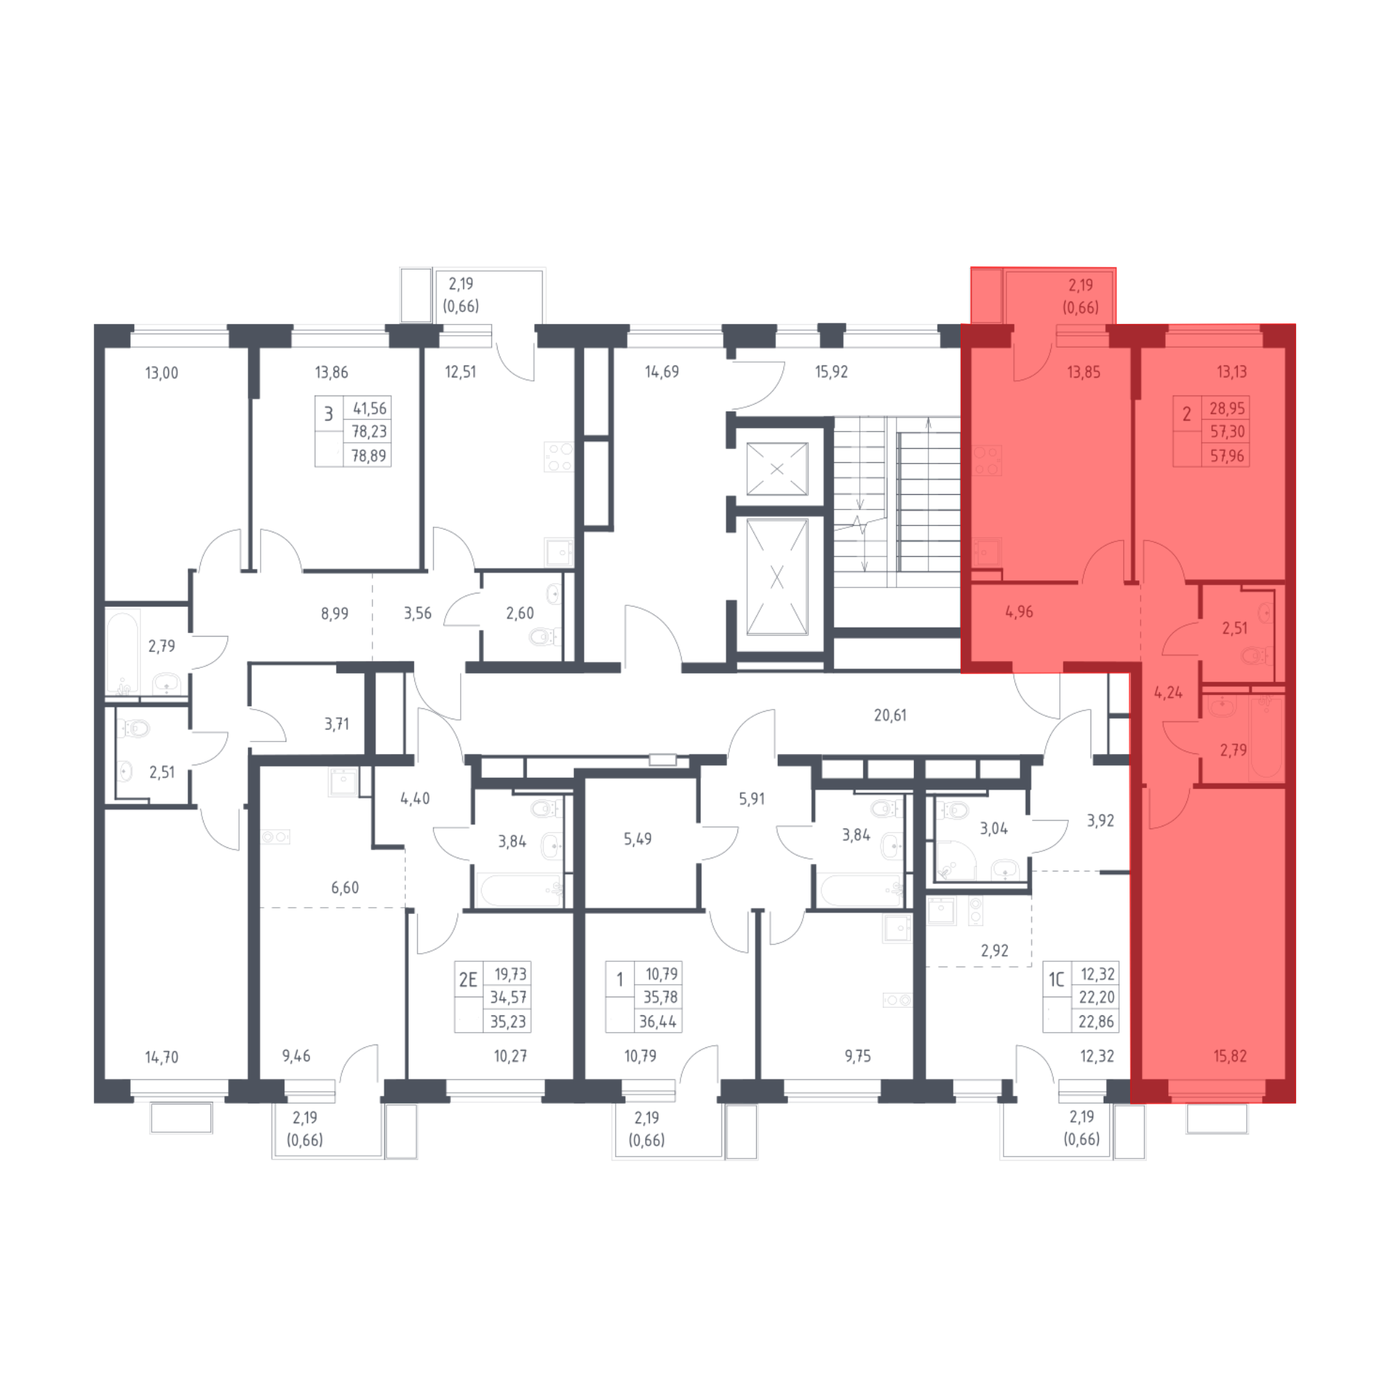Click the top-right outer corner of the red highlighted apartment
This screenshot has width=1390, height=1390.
1295,325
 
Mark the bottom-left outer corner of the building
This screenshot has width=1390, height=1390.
95,1103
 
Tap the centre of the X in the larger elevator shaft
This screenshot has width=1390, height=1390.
777,577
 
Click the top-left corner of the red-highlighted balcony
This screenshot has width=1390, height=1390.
972,268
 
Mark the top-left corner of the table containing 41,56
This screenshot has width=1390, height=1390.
315,396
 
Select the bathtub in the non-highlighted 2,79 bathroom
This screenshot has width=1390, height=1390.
122,652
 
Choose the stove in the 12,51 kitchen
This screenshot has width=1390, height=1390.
558,457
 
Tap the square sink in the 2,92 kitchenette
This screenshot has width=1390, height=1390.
940,910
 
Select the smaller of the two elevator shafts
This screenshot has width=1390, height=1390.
777,469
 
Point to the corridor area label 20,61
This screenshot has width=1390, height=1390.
890,715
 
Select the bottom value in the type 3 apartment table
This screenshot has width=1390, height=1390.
368,455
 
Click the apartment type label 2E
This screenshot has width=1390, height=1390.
468,979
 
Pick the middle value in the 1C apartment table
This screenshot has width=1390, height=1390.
1097,997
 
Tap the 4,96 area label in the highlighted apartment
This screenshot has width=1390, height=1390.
1019,612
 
